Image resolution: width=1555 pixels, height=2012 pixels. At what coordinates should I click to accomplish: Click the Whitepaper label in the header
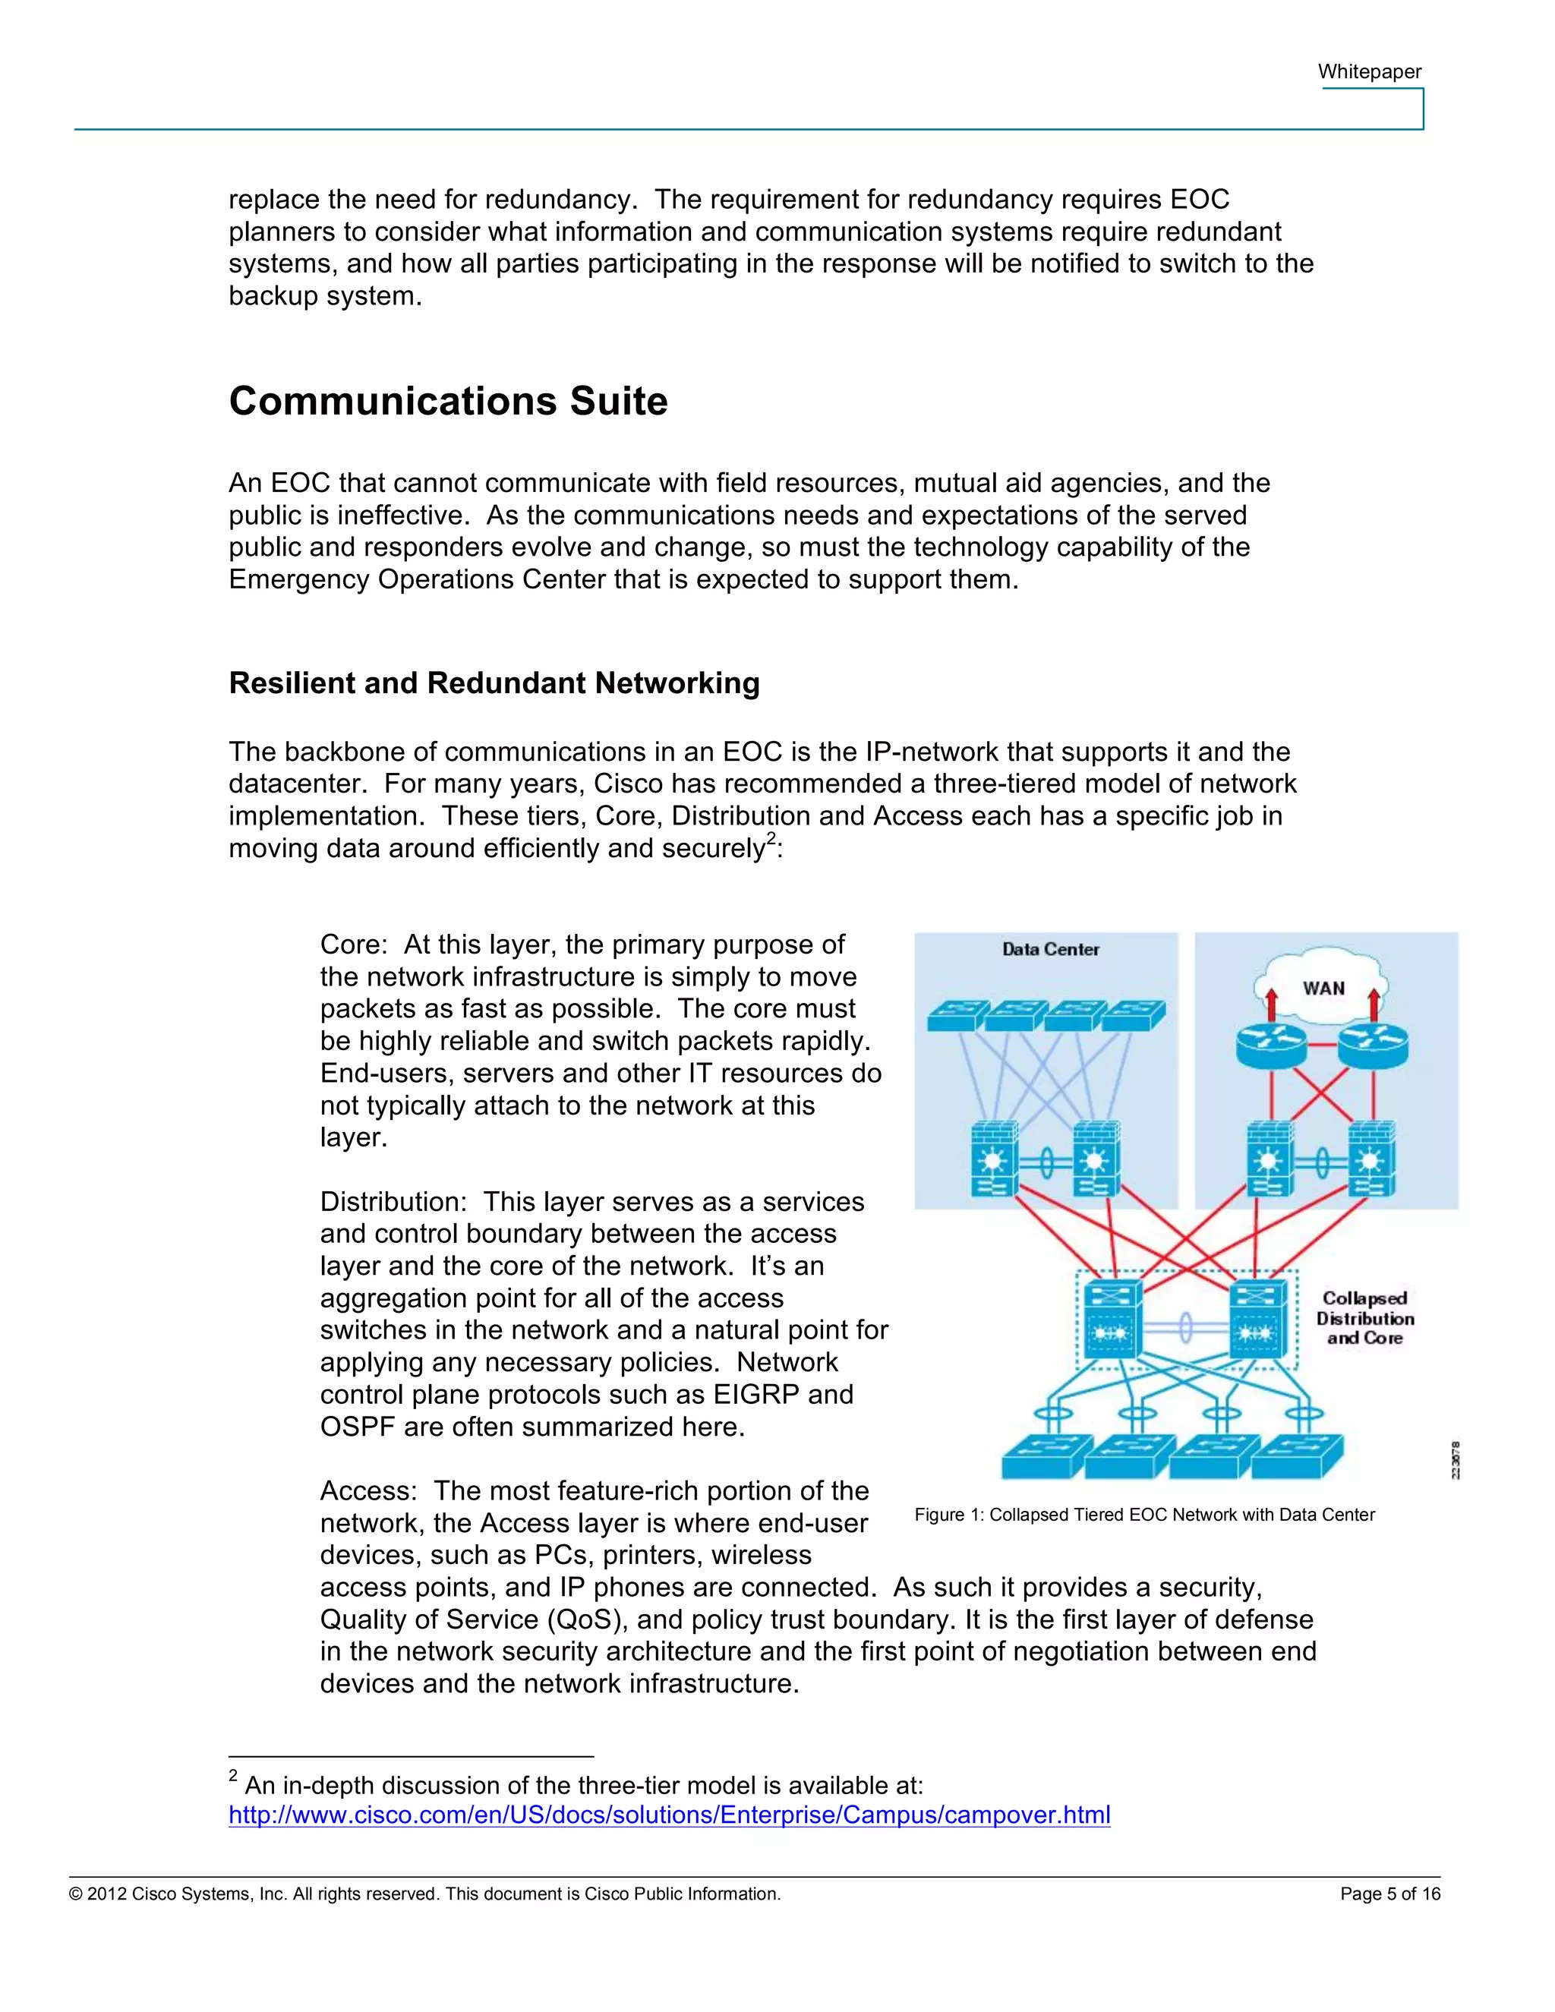1369,72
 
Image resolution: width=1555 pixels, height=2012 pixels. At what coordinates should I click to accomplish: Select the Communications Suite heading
448,402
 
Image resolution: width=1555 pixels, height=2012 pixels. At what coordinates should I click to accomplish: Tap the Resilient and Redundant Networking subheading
494,683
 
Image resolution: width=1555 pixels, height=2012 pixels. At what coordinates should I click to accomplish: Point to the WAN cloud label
1323,989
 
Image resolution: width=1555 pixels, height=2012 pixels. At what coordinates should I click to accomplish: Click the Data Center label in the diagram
1050,949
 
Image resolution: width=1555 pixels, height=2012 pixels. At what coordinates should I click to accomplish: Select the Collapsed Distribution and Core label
1364,1318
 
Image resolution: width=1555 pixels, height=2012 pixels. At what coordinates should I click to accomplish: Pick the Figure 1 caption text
1144,1515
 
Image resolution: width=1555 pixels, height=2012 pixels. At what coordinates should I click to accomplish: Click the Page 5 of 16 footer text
1389,1894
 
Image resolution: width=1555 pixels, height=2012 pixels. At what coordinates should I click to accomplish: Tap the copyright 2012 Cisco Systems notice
424,1894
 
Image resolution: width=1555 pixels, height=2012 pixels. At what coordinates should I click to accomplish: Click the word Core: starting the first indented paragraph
354,945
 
